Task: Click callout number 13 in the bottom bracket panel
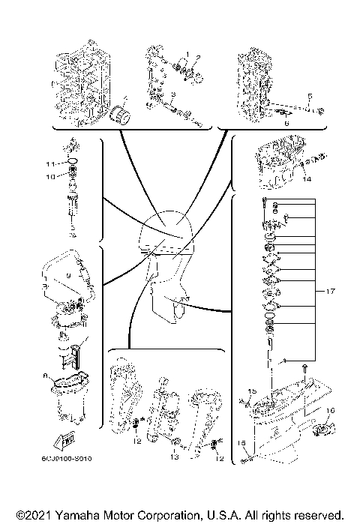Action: pyautogui.click(x=173, y=455)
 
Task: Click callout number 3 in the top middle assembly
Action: pyautogui.click(x=174, y=94)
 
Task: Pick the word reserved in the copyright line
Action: pyautogui.click(x=319, y=517)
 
